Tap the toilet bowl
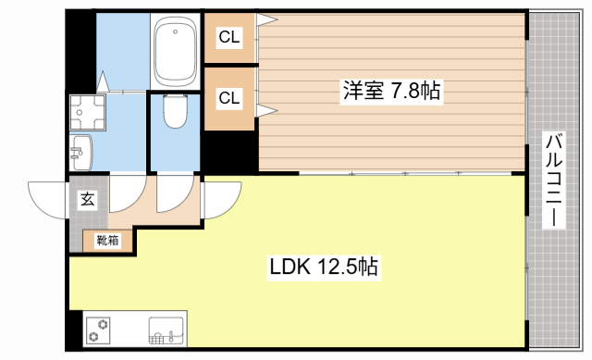tap(175, 113)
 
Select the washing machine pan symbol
tap(88, 111)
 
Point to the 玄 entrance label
tap(86, 199)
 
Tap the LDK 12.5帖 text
tap(324, 267)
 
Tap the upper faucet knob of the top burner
tap(105, 322)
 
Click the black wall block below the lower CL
tap(229, 151)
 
